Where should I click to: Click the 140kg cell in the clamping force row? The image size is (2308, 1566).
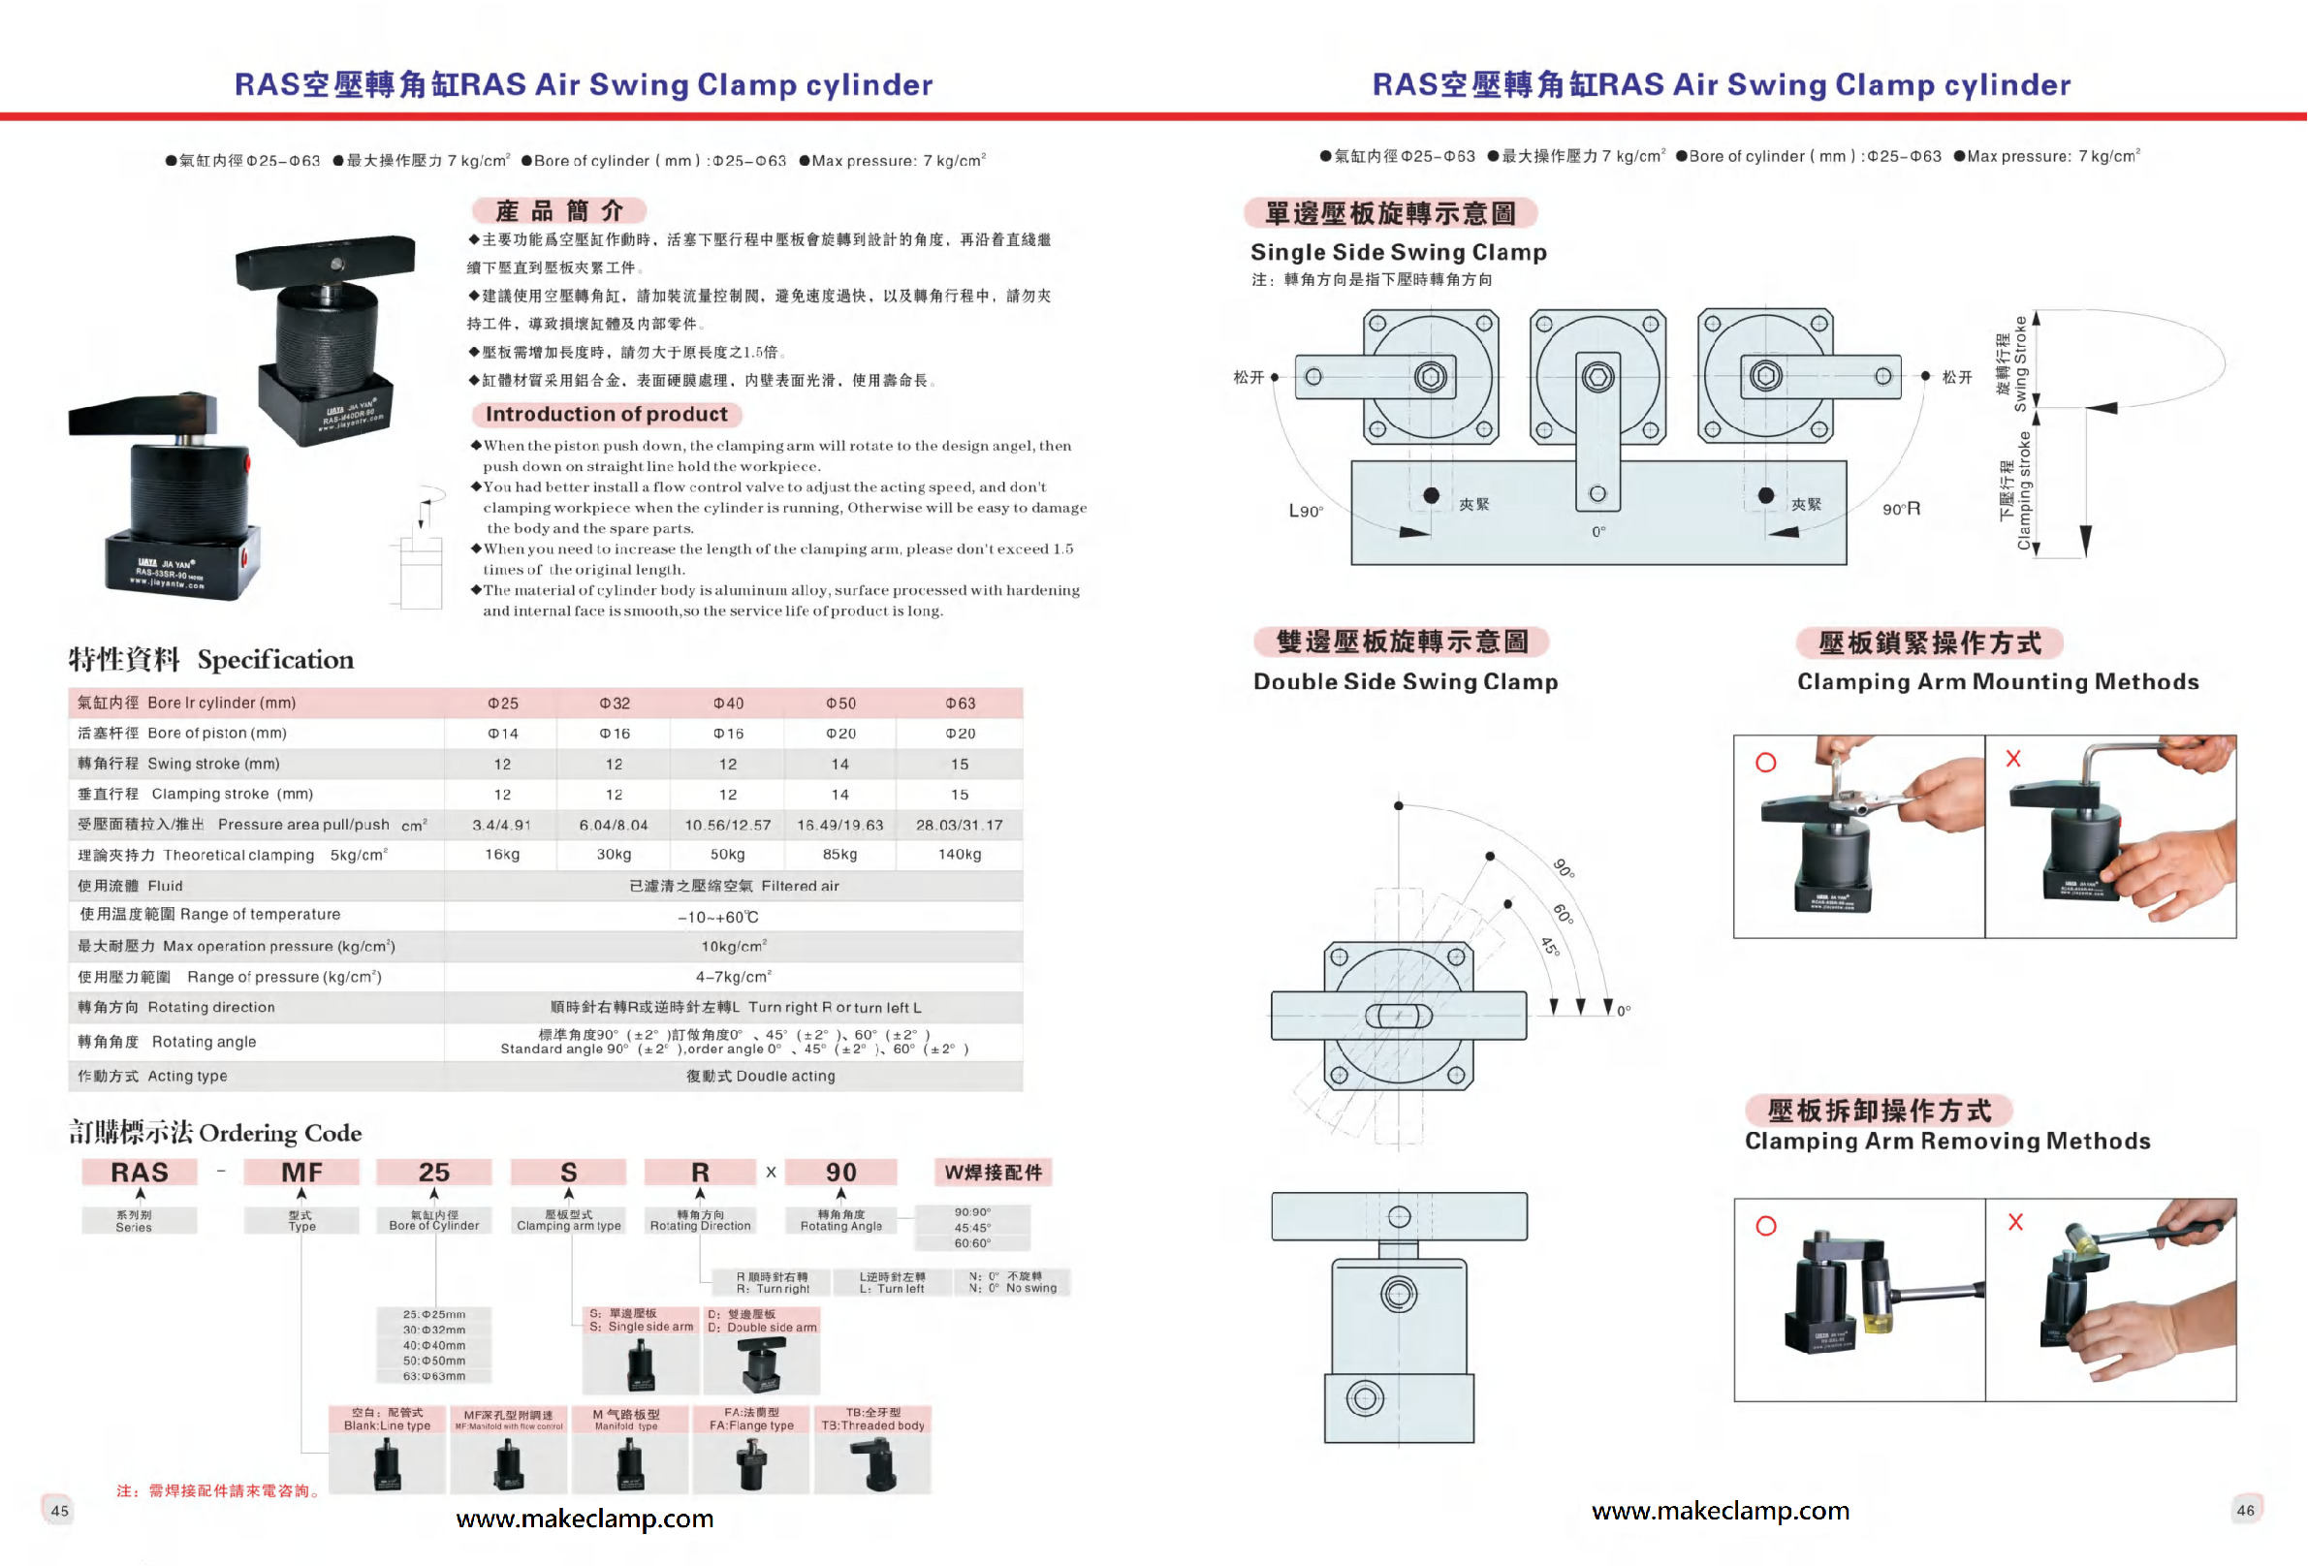959,854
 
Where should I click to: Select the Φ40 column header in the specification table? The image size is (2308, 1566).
728,704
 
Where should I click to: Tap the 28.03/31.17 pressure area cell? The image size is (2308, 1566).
959,825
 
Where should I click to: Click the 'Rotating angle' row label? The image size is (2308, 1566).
204,1042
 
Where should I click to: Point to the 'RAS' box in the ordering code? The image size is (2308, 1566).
139,1173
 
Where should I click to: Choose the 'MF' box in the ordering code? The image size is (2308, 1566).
300,1173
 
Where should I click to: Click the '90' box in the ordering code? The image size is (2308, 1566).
840,1173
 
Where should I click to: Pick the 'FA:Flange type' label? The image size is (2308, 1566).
751,1420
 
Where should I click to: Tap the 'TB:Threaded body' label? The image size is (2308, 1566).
872,1420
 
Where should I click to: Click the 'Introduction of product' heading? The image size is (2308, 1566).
606,414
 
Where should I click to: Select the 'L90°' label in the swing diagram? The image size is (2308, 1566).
1305,512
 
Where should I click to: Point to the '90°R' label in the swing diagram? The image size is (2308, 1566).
1901,510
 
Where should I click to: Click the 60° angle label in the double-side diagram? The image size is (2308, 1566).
1563,913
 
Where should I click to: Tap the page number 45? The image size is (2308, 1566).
59,1511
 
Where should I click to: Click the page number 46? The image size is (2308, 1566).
2245,1510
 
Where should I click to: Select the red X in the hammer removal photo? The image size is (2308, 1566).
2015,1221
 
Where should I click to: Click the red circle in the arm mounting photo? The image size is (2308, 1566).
1766,763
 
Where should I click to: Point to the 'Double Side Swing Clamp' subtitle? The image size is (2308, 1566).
1406,681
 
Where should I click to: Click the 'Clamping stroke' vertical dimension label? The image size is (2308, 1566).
2015,491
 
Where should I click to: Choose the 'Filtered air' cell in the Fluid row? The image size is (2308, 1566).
734,886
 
